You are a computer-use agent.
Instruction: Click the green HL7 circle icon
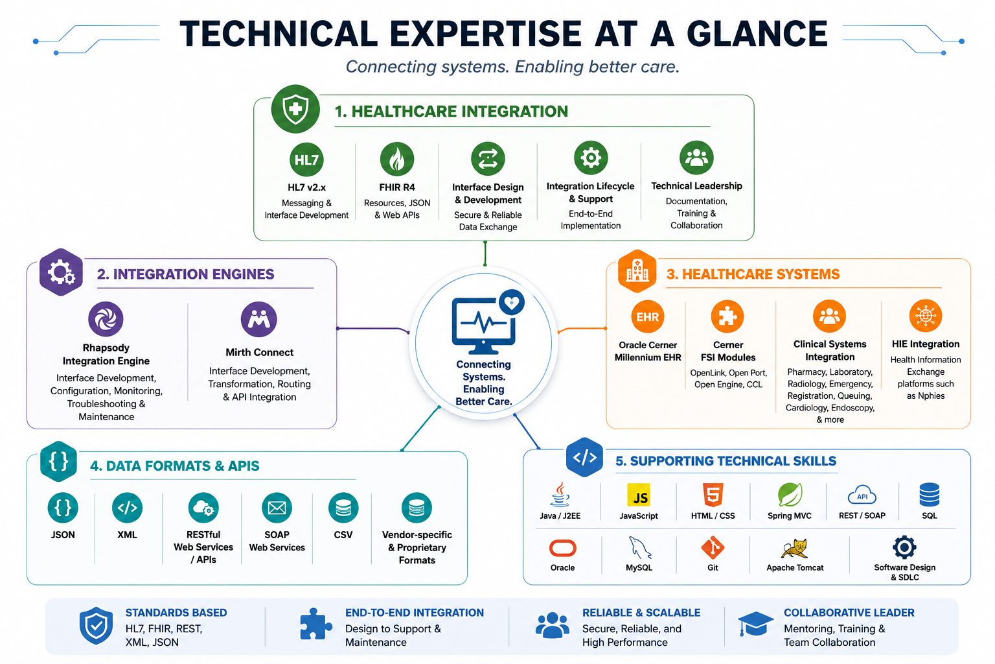[306, 160]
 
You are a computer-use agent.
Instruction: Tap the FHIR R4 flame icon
[396, 160]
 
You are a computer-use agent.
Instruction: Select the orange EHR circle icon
[648, 316]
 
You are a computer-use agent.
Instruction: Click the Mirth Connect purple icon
[259, 319]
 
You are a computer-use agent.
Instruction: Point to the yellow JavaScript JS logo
[639, 495]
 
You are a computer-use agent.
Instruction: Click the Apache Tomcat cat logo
[795, 549]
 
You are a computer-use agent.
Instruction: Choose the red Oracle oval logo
[562, 549]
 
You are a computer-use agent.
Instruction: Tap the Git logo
[713, 548]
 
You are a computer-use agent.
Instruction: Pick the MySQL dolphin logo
[639, 548]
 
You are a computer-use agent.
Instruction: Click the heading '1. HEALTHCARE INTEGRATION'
[452, 111]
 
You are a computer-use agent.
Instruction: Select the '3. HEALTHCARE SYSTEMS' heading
[753, 274]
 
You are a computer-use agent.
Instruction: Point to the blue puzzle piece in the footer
[316, 624]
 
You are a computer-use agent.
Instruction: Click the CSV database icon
[343, 508]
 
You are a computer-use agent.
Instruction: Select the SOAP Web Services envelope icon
[277, 508]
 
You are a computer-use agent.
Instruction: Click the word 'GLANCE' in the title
[757, 34]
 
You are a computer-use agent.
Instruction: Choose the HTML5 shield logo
[713, 495]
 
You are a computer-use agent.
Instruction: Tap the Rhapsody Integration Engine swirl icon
[106, 319]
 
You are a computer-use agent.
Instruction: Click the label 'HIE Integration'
[926, 344]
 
